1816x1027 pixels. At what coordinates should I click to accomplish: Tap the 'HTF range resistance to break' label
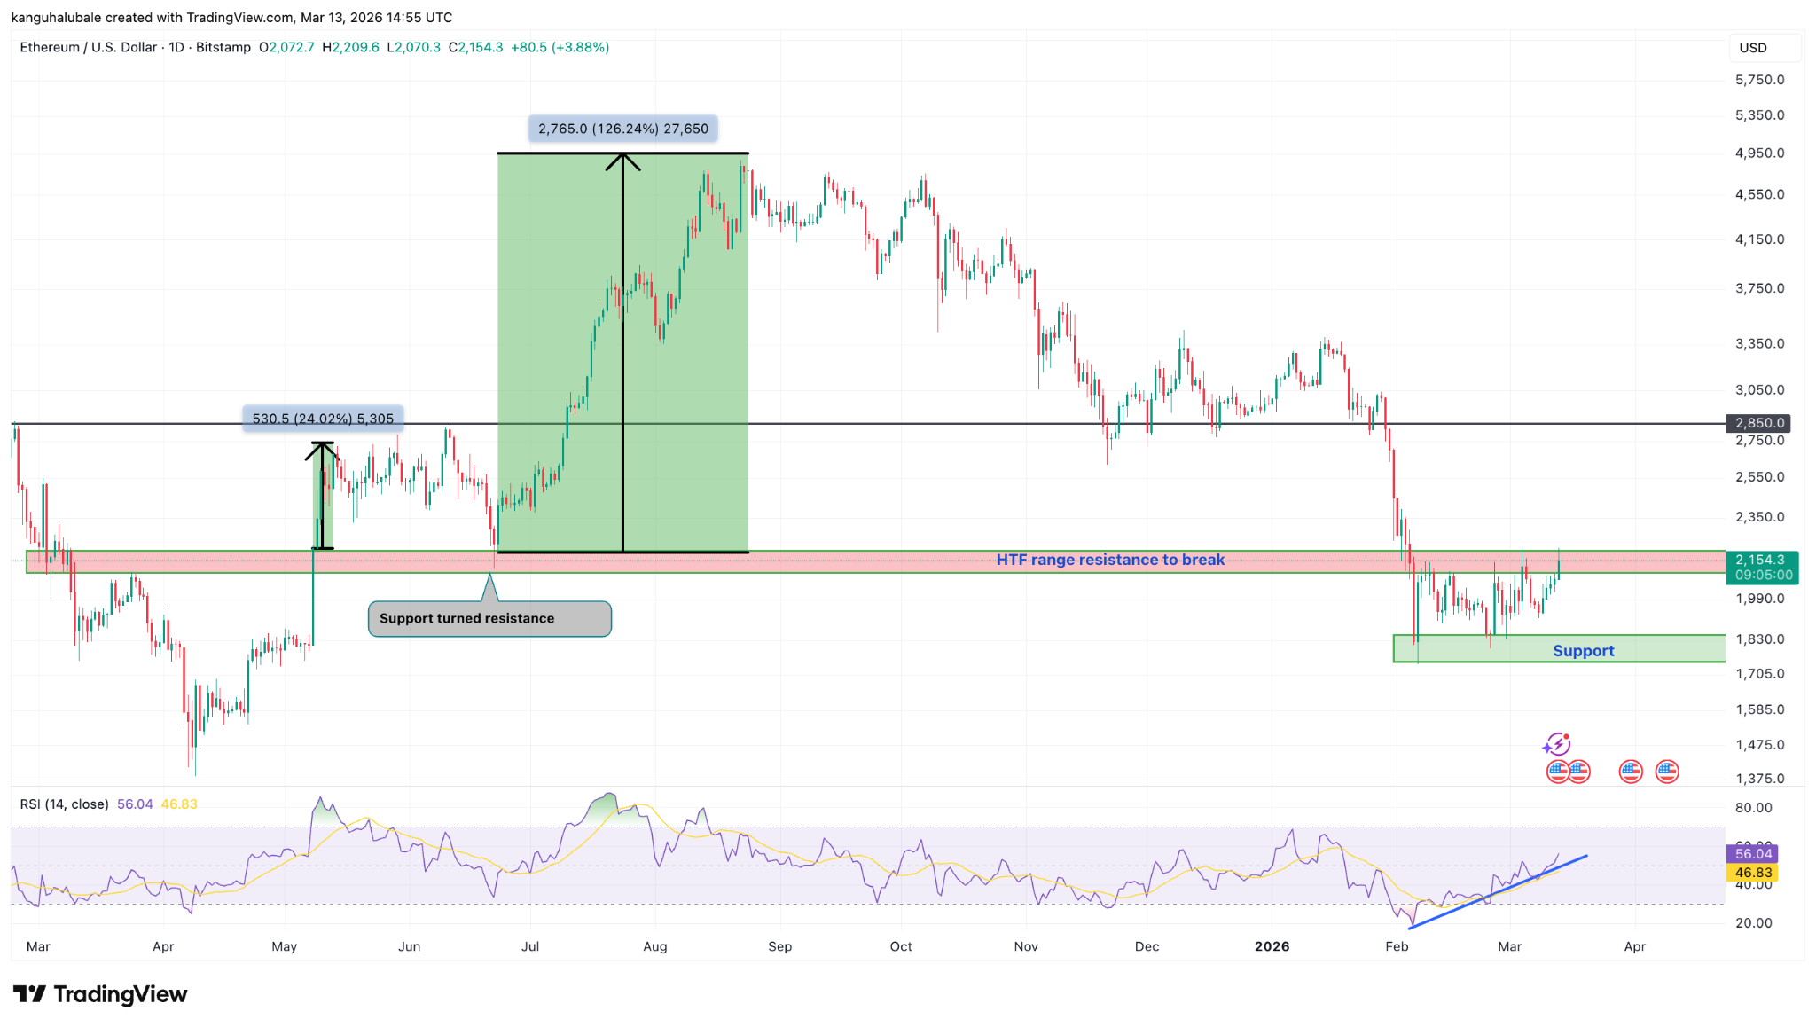coord(1110,560)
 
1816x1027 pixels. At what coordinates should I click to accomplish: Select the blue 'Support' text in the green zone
coord(1583,651)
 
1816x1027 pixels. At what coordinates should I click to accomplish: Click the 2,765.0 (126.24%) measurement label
coord(623,129)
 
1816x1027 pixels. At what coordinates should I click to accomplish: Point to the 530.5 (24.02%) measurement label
coord(323,419)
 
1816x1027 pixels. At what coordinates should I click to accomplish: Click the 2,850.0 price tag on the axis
coord(1759,423)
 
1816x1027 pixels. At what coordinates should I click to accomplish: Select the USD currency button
coord(1753,48)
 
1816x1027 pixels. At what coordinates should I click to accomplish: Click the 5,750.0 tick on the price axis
coord(1759,80)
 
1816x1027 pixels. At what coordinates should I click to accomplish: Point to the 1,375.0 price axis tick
coord(1759,779)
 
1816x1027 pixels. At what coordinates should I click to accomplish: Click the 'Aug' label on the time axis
coord(655,946)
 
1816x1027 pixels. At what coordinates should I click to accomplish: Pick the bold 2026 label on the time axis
coord(1272,946)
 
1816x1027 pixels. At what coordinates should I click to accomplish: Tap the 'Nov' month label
coord(1026,946)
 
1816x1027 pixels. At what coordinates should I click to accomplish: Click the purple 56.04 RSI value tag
coord(1753,854)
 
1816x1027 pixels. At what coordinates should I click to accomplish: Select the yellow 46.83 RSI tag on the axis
coord(1753,873)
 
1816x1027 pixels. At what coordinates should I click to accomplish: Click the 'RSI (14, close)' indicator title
coord(64,804)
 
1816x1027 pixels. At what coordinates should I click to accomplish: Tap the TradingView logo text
coord(120,994)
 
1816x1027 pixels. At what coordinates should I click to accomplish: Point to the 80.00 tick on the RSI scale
coord(1753,808)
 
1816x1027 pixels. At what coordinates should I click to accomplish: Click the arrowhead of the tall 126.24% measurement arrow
coord(623,160)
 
